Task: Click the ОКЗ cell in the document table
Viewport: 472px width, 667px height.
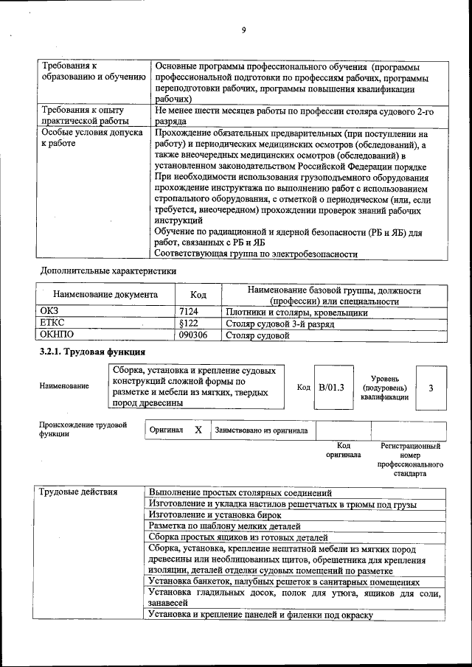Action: pyautogui.click(x=49, y=312)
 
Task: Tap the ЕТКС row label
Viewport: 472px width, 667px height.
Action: pyautogui.click(x=52, y=324)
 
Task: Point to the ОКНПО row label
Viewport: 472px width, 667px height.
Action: pyautogui.click(x=57, y=335)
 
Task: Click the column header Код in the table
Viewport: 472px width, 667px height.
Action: pyautogui.click(x=198, y=295)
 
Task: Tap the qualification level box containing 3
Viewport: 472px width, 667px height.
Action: pyautogui.click(x=431, y=388)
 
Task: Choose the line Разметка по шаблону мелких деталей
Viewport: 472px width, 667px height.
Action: pyautogui.click(x=225, y=526)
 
